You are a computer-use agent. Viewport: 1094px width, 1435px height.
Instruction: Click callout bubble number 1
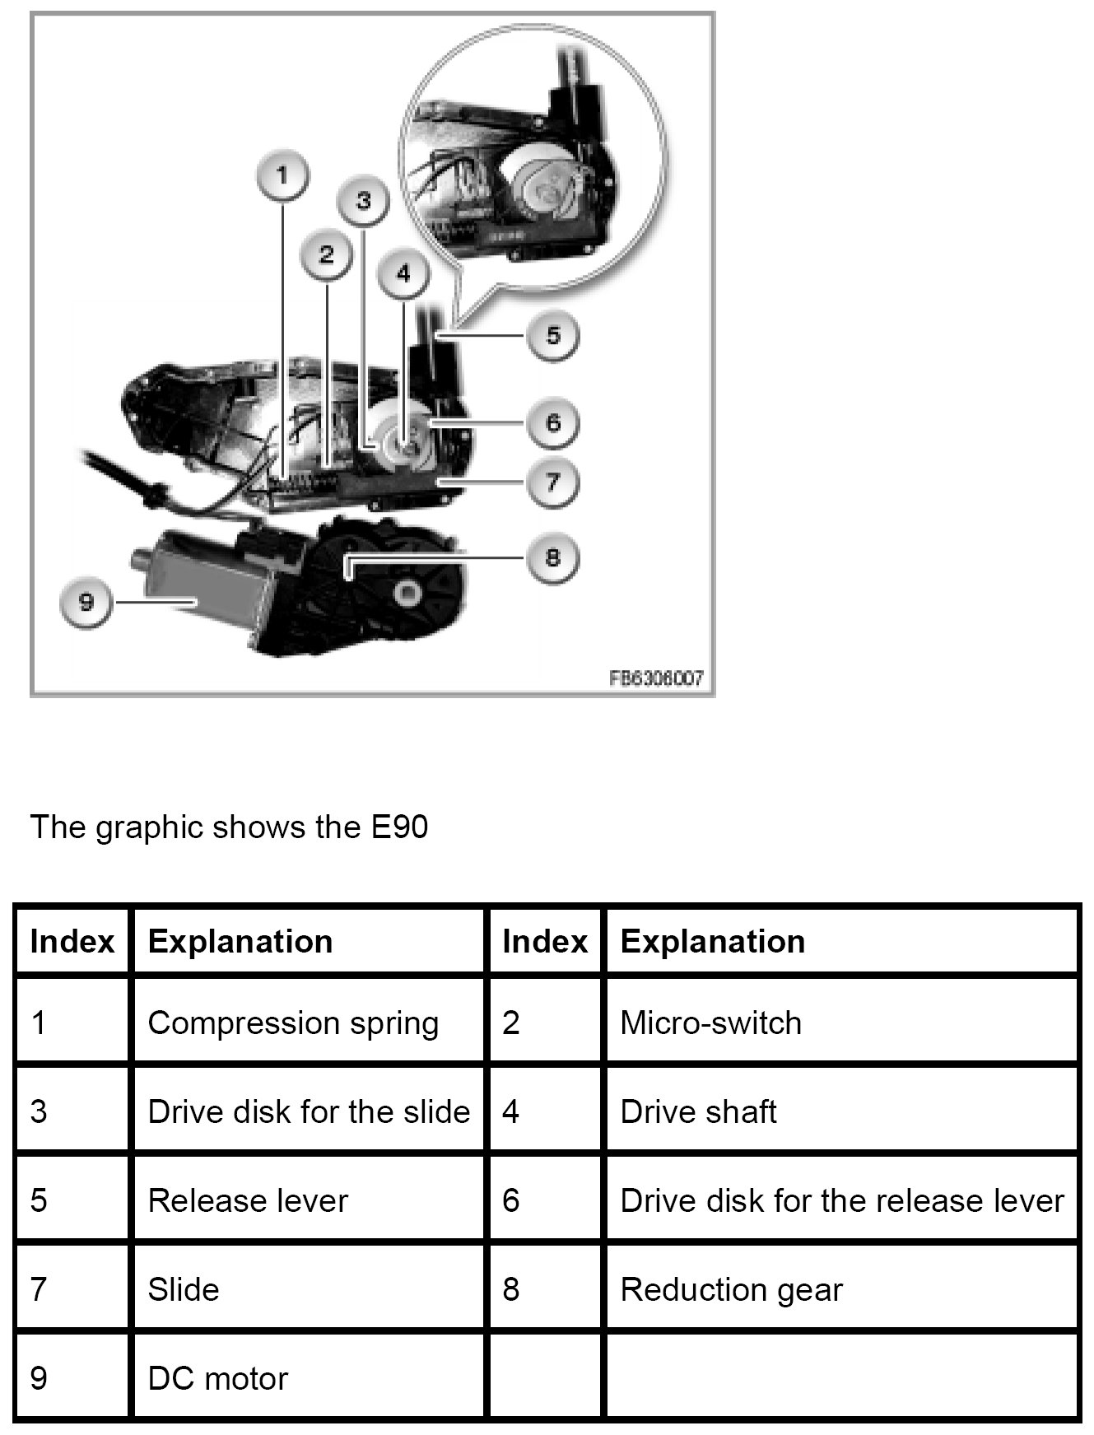pos(282,176)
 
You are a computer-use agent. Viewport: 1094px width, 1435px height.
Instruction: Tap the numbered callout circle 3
pos(364,201)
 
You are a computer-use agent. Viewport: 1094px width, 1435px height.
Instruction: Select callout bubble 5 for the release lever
pos(552,335)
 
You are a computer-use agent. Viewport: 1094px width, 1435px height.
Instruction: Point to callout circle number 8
pos(552,557)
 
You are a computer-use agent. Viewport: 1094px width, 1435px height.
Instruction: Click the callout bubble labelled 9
pos(86,603)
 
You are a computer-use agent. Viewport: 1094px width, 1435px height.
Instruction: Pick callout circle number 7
pos(552,481)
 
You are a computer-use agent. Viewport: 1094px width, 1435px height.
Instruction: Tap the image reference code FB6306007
pos(656,678)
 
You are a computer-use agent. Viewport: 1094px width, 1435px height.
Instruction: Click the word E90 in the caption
pos(399,827)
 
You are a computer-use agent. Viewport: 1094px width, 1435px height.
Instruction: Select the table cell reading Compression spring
pos(293,1023)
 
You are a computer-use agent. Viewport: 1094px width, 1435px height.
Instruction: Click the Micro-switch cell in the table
pos(710,1023)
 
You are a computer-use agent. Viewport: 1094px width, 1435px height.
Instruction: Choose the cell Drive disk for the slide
pos(309,1111)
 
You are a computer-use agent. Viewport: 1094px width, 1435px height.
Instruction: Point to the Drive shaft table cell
pos(698,1111)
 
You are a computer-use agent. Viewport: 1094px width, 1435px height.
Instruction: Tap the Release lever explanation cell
pos(248,1200)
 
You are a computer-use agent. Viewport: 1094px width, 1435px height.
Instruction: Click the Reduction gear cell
pos(731,1289)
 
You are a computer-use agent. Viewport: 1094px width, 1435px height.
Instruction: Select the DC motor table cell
pos(218,1378)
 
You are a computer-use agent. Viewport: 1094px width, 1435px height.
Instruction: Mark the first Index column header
pos(72,941)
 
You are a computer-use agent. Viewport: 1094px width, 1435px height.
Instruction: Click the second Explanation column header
pos(712,941)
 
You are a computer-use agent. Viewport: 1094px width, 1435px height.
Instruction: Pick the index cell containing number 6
pos(511,1200)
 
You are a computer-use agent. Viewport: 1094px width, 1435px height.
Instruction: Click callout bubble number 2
pos(327,254)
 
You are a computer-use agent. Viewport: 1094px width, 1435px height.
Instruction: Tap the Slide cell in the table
pos(184,1289)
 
